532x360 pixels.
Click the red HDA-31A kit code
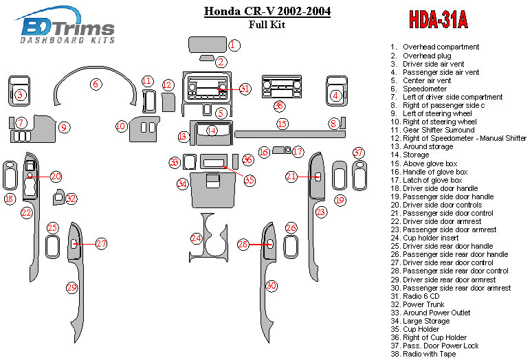click(439, 19)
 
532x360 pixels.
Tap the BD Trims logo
click(65, 25)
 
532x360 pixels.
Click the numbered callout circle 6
click(96, 84)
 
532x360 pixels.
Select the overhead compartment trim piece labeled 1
click(208, 45)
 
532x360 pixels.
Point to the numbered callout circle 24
click(196, 238)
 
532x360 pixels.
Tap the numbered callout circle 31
click(244, 89)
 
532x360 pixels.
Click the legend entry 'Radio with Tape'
click(423, 355)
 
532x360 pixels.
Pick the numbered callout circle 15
click(282, 124)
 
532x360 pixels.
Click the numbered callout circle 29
click(72, 288)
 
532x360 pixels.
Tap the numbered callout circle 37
click(358, 153)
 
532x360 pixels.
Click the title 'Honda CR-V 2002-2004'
click(267, 12)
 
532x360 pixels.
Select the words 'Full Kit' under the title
click(267, 25)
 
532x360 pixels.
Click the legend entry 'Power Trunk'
click(417, 304)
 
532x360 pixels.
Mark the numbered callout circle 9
click(64, 128)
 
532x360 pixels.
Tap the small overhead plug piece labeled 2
click(207, 58)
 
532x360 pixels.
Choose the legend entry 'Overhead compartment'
click(434, 47)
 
